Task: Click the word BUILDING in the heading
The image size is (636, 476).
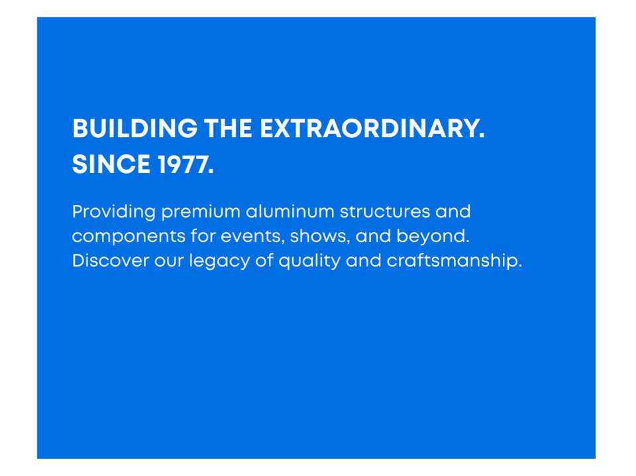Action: [135, 129]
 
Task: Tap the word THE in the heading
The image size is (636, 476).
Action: [228, 129]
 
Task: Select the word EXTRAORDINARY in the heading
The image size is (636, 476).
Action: [372, 129]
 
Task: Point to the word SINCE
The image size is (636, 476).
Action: [111, 164]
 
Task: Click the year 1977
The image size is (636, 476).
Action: [185, 165]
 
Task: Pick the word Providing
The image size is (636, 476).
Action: [114, 212]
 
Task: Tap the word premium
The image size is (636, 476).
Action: [201, 213]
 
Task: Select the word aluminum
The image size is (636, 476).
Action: [290, 211]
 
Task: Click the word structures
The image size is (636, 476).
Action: [385, 211]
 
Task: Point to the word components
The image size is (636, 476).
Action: [129, 237]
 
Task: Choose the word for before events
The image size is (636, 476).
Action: [203, 235]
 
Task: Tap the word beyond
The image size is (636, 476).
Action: [433, 236]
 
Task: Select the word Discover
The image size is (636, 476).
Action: [111, 260]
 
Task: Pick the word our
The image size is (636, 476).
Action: [169, 261]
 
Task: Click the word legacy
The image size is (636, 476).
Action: [219, 261]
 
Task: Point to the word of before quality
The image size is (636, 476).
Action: [264, 260]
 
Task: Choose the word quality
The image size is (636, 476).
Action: [309, 261]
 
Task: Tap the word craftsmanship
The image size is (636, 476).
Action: [454, 261]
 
